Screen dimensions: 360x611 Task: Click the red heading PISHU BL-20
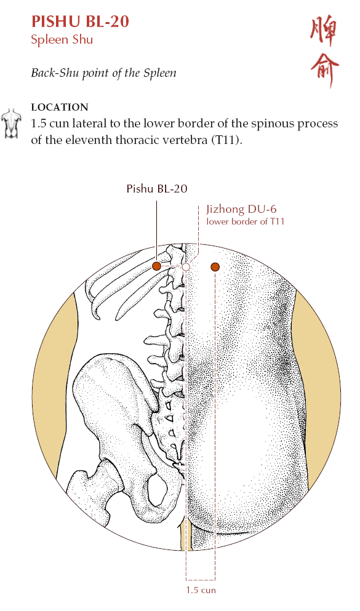point(80,22)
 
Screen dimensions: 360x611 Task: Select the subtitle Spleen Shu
point(62,40)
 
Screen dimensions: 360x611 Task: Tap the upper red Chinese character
point(324,32)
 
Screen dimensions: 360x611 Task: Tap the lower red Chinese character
point(324,71)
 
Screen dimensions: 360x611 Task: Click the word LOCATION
point(60,107)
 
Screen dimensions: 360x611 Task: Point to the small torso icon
point(11,124)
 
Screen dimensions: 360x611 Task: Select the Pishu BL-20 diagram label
point(157,189)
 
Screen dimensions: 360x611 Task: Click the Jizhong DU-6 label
point(242,209)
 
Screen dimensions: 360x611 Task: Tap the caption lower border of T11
point(246,222)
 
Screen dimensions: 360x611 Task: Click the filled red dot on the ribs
point(156,266)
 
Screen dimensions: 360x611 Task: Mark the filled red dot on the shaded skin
point(215,267)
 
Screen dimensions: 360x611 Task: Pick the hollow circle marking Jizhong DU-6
point(186,267)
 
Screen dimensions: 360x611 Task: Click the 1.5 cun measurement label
point(201,590)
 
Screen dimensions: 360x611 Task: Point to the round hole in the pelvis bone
point(158,489)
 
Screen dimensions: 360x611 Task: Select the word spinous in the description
point(273,124)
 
